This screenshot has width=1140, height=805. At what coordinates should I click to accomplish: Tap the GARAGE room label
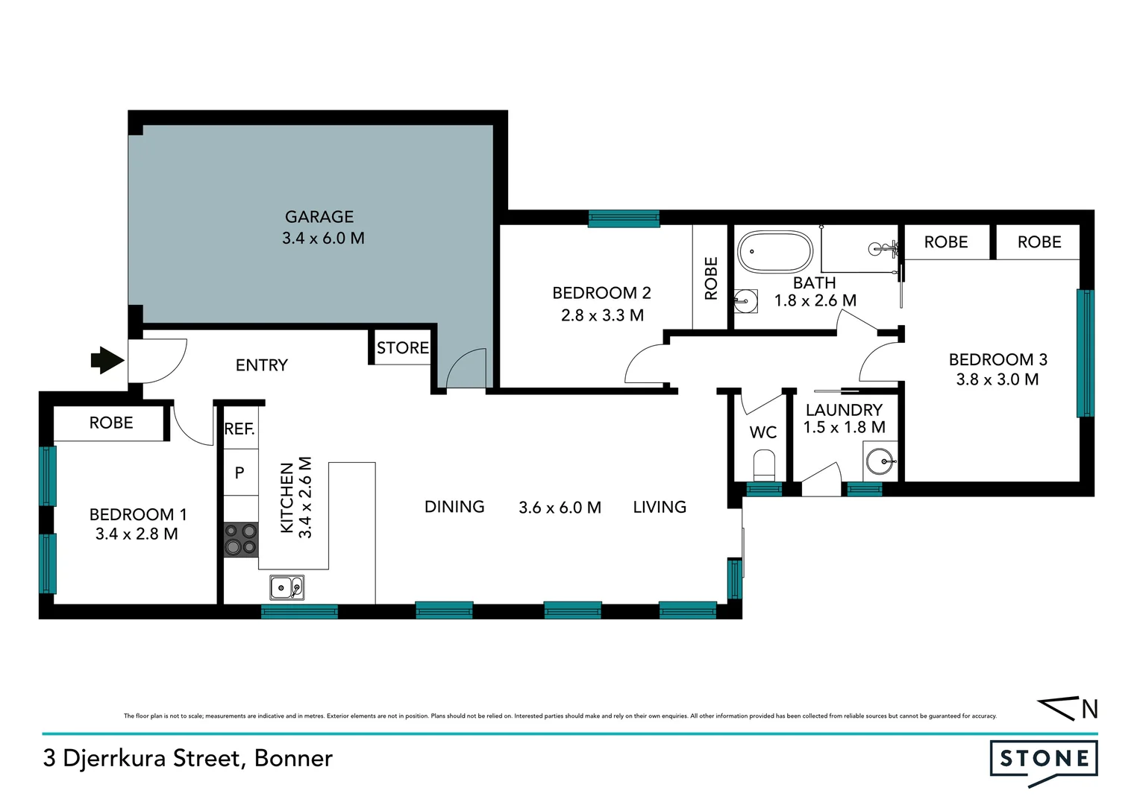point(319,217)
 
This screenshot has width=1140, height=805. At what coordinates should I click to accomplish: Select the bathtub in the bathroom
point(774,252)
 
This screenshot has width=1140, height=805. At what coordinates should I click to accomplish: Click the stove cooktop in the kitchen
point(241,540)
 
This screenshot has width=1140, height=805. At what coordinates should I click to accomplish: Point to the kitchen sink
point(286,588)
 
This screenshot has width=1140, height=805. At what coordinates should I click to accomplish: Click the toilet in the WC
point(764,466)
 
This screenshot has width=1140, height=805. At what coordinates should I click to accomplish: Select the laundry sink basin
point(881,461)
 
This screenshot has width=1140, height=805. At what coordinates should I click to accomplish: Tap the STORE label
point(402,348)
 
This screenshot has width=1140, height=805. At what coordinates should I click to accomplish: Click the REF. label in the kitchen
point(239,429)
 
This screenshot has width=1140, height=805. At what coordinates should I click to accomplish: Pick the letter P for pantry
point(239,473)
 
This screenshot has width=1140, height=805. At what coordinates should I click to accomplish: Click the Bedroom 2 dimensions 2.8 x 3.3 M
point(602,315)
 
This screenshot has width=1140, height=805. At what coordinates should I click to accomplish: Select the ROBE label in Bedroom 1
point(111,423)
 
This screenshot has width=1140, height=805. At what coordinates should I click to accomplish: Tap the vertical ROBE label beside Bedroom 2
point(711,278)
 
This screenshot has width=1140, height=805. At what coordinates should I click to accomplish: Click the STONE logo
point(1044,760)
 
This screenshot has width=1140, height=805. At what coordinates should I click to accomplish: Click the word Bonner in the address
point(293,758)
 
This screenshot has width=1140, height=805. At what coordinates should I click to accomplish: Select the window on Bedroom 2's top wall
point(624,218)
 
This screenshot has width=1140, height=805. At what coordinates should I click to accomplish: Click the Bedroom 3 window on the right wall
point(1085,353)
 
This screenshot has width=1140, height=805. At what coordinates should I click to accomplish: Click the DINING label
point(454,507)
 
